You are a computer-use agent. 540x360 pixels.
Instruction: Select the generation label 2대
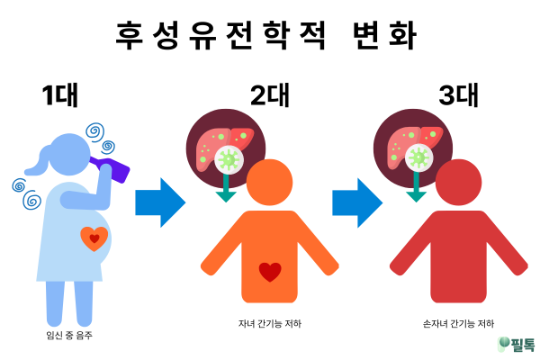(x=271, y=96)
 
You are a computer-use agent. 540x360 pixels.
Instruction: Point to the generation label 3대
(x=458, y=96)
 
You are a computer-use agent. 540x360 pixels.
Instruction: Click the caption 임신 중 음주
(x=68, y=335)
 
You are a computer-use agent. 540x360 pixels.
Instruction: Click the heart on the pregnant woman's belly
(x=94, y=238)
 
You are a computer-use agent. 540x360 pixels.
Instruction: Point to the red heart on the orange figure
(x=270, y=270)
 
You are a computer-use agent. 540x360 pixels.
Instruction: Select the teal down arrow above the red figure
(x=416, y=188)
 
